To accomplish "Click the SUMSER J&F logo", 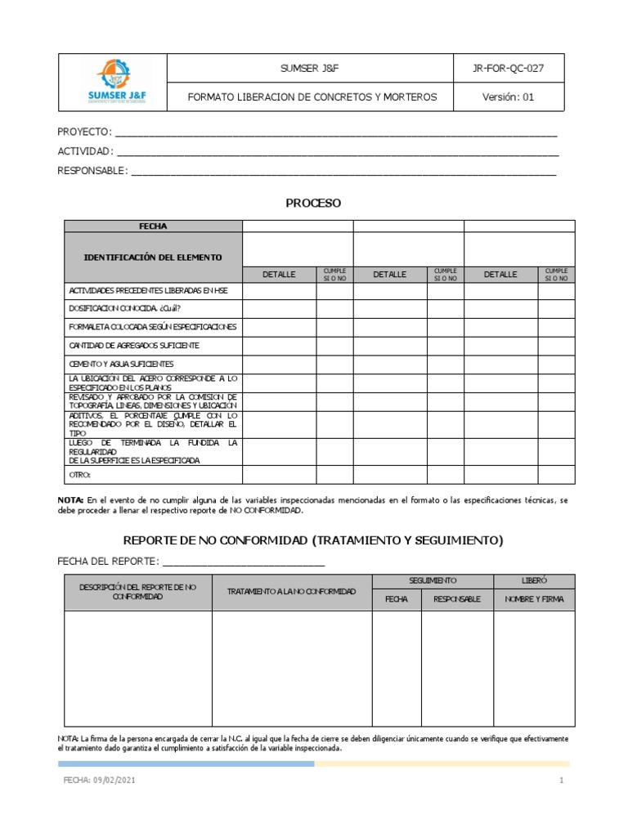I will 112,82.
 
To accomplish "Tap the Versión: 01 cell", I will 508,96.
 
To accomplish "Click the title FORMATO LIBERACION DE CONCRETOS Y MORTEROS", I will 312,96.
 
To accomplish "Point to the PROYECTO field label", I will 83,132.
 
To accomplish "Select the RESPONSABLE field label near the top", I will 92,171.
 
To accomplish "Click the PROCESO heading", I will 313,203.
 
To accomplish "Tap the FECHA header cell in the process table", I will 153,226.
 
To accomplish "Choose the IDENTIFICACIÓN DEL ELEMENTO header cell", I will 153,257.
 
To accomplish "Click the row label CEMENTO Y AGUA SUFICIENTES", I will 121,364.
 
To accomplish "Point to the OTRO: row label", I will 80,474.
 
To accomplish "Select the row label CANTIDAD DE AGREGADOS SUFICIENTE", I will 134,345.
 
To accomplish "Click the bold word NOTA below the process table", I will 70,499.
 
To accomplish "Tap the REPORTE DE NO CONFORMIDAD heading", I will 313,540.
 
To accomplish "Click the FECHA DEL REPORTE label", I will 107,561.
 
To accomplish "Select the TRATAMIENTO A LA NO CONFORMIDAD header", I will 292,591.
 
